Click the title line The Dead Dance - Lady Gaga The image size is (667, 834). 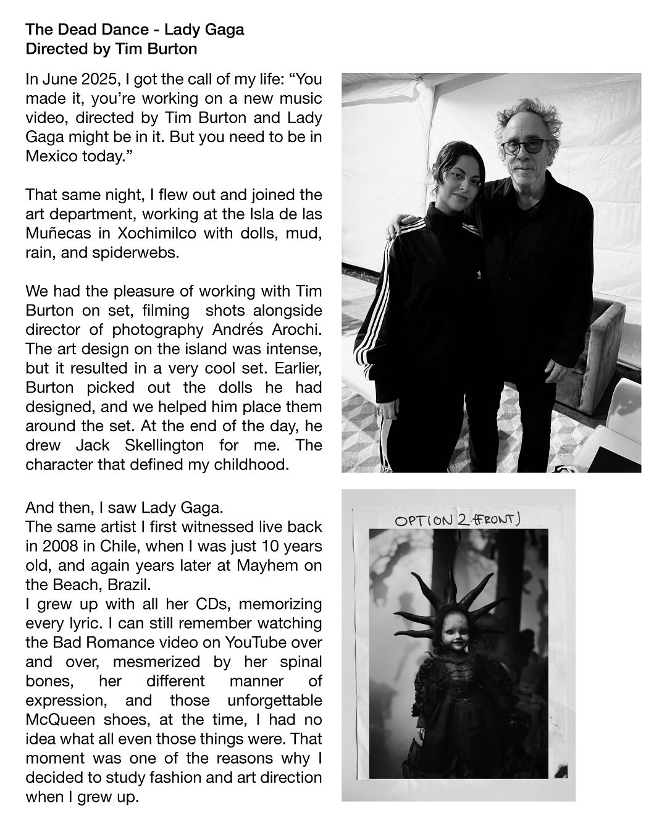[x=135, y=30]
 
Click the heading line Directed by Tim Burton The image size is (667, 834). [x=111, y=48]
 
